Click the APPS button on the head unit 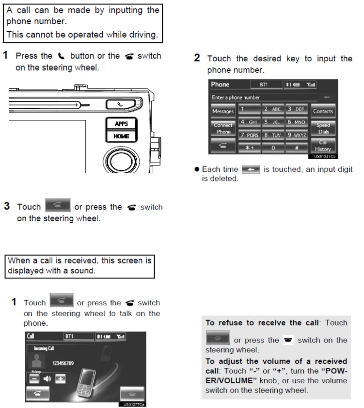[121, 123]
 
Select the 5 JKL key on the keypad [273, 122]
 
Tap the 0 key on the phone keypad [273, 148]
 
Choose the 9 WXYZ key [296, 135]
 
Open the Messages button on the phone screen [223, 111]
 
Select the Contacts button [323, 111]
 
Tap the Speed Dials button [323, 129]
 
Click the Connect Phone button [223, 128]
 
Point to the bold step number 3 [7, 206]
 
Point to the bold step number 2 [197, 58]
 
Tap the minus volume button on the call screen [33, 378]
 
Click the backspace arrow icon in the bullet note [251, 169]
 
